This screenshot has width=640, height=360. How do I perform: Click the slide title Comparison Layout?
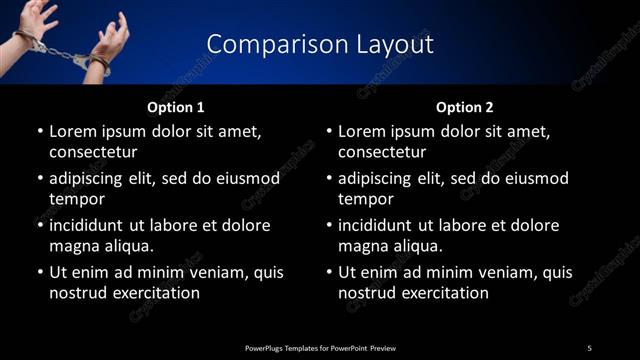320,44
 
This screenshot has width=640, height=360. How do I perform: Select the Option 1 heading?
176,106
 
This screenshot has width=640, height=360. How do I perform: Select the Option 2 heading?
465,106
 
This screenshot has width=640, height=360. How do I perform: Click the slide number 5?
589,348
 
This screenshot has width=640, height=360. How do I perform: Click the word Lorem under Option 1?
73,131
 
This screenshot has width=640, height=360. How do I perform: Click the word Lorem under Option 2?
362,131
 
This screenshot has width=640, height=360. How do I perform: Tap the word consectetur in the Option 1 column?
93,152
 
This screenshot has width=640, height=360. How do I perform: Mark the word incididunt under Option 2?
379,225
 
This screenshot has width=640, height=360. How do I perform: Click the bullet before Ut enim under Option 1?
39,272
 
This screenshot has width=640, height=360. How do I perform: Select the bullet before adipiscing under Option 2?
328,178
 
